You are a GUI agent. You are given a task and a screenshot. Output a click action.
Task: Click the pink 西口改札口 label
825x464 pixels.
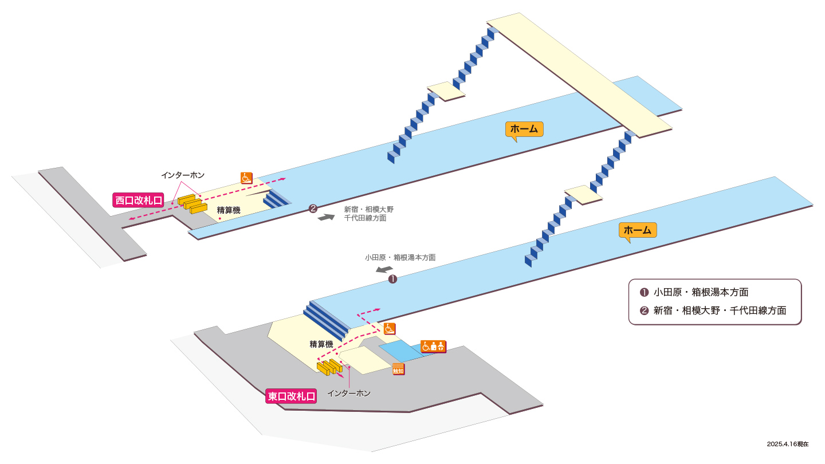138,200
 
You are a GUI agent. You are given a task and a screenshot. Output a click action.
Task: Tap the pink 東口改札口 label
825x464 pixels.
291,396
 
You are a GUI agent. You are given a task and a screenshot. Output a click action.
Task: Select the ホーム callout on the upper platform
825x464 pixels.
524,129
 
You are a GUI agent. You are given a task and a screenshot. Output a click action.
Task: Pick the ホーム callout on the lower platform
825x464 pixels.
638,230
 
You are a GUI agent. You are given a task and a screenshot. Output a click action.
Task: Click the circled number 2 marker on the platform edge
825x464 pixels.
313,209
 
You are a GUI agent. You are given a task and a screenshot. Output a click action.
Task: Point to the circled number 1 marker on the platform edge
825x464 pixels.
392,280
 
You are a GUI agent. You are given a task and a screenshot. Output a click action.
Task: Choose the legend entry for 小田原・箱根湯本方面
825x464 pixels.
694,292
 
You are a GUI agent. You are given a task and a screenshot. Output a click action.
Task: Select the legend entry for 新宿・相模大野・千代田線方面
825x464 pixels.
713,311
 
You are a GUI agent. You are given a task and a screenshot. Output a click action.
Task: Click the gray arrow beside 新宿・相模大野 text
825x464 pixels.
327,217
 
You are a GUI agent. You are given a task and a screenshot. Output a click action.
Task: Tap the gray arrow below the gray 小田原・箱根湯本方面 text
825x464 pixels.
384,270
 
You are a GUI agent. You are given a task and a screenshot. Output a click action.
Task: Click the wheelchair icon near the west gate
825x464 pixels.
246,178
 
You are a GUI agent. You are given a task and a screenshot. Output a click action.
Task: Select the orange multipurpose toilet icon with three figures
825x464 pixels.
434,347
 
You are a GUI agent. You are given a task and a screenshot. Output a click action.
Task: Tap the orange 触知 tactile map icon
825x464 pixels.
399,369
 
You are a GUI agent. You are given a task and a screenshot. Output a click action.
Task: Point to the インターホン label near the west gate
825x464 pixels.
183,175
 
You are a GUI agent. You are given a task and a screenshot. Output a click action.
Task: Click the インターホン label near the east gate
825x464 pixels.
349,394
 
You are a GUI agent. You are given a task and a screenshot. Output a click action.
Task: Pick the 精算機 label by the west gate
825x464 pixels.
229,210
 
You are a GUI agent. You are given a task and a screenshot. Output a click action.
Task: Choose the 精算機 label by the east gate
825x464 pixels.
321,344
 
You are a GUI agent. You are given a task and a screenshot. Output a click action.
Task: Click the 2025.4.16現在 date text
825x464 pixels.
788,444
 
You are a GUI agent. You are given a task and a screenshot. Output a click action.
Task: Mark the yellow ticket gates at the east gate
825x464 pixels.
329,367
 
